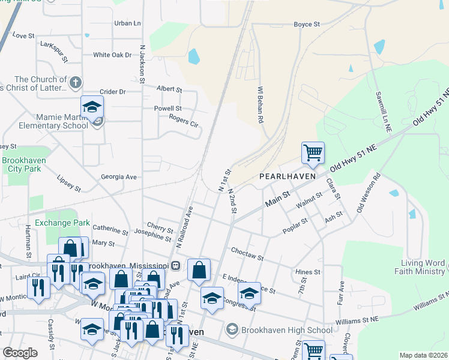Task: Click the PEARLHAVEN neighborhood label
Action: tap(283, 177)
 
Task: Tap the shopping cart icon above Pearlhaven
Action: tap(313, 153)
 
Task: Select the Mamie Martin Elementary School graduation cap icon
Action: tap(92, 107)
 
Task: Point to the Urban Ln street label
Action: tap(127, 23)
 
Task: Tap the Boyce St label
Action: tap(306, 25)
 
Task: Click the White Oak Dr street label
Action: tap(112, 55)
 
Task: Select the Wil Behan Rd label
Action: tap(261, 104)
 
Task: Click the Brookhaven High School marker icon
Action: tap(232, 329)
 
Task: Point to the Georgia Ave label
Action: tap(119, 177)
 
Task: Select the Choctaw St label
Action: tap(247, 253)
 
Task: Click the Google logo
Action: tap(20, 353)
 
